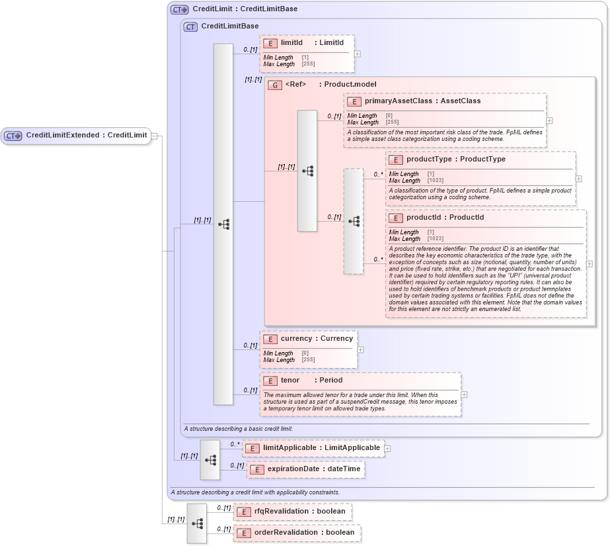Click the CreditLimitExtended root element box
[x=76, y=136]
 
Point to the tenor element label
[x=290, y=381]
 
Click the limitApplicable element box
[x=313, y=448]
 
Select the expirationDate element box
[x=305, y=469]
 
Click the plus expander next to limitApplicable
[x=387, y=448]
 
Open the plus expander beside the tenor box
[x=464, y=394]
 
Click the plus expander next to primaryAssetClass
[x=549, y=120]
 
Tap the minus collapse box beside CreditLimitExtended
[x=154, y=136]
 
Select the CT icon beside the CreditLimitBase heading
[x=190, y=26]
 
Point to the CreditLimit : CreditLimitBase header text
[x=245, y=9]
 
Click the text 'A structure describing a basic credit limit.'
[x=238, y=429]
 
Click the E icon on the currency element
[x=270, y=339]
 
